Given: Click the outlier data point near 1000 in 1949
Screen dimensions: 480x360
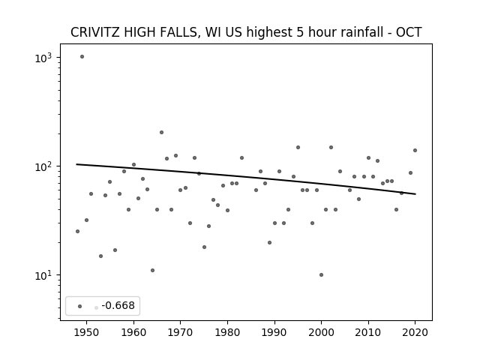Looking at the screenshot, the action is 82,57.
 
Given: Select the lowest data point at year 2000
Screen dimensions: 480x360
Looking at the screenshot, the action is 321,275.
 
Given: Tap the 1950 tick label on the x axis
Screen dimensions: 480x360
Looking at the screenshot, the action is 87,332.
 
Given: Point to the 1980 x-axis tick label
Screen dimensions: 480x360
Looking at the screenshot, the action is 227,332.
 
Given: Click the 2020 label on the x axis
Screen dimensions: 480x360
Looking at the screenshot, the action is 415,332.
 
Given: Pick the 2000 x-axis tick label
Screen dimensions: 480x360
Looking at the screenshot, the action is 321,332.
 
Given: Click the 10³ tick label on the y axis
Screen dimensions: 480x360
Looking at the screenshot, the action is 43,58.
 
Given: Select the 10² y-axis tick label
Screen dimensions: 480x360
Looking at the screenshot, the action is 43,166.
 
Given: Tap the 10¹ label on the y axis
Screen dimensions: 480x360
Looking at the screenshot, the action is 43,275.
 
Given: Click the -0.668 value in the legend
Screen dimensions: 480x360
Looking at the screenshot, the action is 118,305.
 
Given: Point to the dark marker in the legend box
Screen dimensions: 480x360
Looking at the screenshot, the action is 80,307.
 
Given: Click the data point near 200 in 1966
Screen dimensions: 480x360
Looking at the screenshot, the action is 161,133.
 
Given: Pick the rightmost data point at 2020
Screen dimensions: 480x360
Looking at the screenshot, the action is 415,150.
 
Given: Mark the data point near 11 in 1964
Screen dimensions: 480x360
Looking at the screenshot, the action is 152,270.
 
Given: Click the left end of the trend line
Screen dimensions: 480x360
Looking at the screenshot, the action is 76,164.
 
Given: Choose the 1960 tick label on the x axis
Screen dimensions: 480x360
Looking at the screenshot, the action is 133,332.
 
